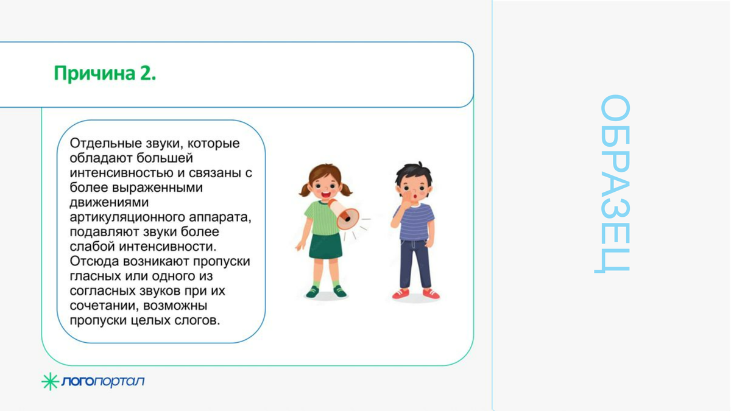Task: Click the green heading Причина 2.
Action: [105, 73]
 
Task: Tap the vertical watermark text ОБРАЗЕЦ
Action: [613, 184]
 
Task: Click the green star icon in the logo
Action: [50, 381]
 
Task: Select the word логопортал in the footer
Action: [103, 381]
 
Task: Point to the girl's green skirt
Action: [325, 245]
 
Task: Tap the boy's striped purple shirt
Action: [414, 222]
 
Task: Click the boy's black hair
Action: [414, 175]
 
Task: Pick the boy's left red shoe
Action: [400, 293]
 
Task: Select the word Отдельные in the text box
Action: [105, 144]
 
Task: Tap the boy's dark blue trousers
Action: [415, 264]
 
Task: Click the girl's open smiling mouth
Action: [325, 195]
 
